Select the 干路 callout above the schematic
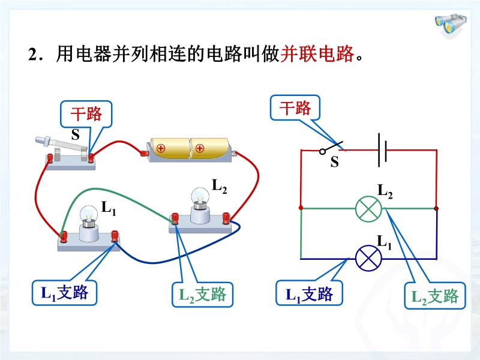click(x=295, y=108)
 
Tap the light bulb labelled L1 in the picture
click(x=89, y=223)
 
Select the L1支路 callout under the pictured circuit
click(x=64, y=293)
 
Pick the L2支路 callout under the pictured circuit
click(x=202, y=294)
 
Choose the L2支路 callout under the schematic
click(x=435, y=296)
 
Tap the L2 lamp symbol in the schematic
click(x=369, y=209)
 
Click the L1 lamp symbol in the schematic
click(x=369, y=259)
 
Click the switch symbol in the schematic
click(x=331, y=147)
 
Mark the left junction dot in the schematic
click(x=301, y=209)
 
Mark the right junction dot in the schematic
click(x=436, y=209)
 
